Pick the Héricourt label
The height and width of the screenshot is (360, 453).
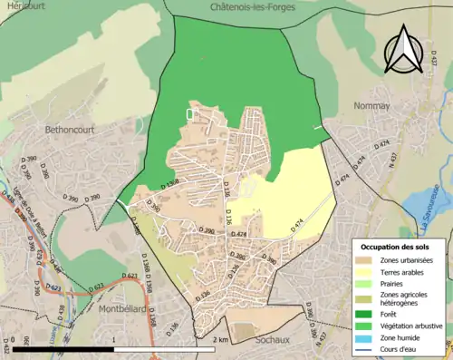tap(23, 5)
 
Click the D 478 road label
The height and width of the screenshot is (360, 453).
tap(238, 235)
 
